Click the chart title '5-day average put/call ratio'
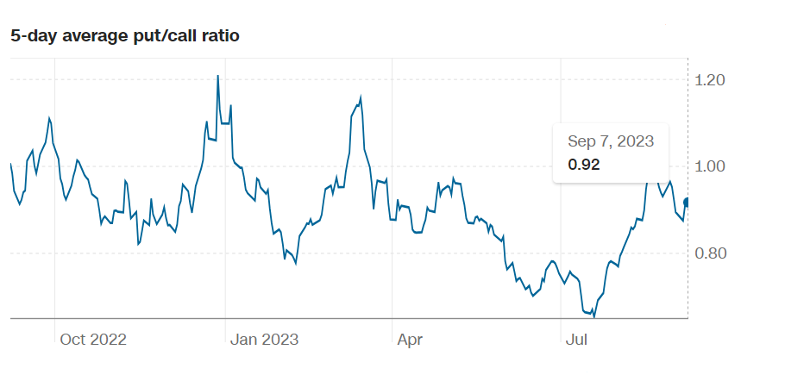(x=125, y=35)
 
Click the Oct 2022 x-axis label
(x=93, y=340)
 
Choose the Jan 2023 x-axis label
(x=264, y=340)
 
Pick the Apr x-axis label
(x=410, y=340)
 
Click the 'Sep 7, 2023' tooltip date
(x=611, y=141)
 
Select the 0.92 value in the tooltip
(x=583, y=164)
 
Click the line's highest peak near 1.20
(x=217, y=76)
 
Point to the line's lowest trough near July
(x=594, y=316)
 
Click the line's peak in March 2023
(x=361, y=97)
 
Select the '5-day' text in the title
(x=30, y=35)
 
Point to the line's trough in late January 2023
(x=296, y=263)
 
